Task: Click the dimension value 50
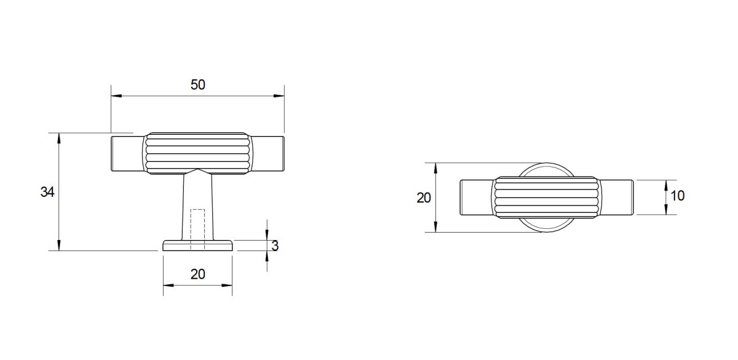coord(197,85)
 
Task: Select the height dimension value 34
coord(47,192)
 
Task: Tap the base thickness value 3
coord(275,246)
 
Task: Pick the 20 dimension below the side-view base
coord(197,274)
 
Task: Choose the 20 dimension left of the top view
coord(424,198)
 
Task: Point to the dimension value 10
coord(677,196)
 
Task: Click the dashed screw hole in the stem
coord(197,228)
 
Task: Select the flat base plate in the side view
coord(197,246)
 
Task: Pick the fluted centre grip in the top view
coord(546,197)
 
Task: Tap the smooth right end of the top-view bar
coord(617,197)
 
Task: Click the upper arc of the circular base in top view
coord(546,165)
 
